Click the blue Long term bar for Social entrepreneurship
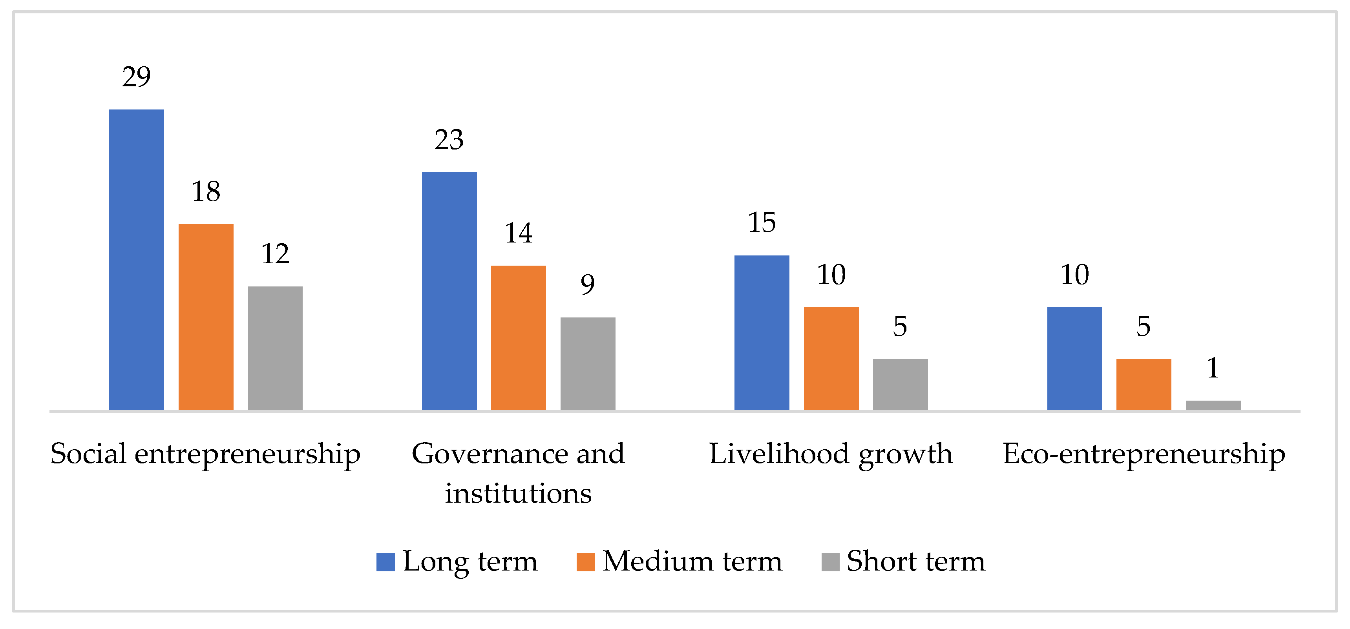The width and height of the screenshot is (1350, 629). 136,259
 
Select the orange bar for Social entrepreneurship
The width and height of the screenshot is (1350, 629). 206,317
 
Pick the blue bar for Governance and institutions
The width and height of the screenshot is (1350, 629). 449,291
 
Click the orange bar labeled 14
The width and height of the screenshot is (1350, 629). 518,337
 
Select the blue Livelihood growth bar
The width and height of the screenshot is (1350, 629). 762,333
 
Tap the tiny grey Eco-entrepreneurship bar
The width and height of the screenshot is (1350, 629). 1213,405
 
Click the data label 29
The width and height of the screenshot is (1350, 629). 136,77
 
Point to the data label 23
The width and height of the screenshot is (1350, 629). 449,140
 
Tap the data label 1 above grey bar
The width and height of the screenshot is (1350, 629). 1213,368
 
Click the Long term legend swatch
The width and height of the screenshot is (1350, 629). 385,562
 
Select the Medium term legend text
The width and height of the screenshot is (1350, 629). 692,562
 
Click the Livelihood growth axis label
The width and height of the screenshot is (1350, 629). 831,454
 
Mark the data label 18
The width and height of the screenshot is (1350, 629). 206,192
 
